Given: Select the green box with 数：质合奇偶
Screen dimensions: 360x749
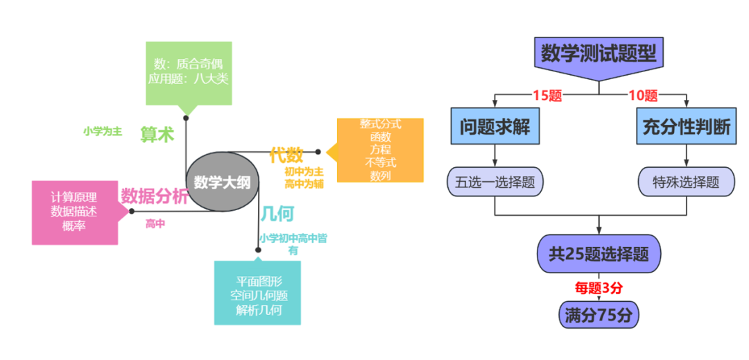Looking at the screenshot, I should click(187, 72).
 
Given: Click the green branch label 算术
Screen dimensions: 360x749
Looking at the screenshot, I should click(157, 135).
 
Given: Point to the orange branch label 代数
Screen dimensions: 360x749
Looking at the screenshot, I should click(286, 155).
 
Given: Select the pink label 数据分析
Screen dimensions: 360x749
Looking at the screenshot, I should click(154, 196).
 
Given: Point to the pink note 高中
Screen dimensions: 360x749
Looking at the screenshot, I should click(155, 223).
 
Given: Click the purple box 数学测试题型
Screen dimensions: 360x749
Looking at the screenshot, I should click(599, 53).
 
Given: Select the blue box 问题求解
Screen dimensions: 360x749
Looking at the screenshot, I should click(494, 126).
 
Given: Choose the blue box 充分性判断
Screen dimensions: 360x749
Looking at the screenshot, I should click(686, 126).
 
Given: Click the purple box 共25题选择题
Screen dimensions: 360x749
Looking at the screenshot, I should click(599, 254).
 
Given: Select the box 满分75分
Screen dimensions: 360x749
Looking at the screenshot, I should click(599, 315).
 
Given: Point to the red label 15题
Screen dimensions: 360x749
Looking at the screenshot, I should click(546, 96).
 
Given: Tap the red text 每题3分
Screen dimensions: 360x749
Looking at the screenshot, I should click(598, 287).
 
